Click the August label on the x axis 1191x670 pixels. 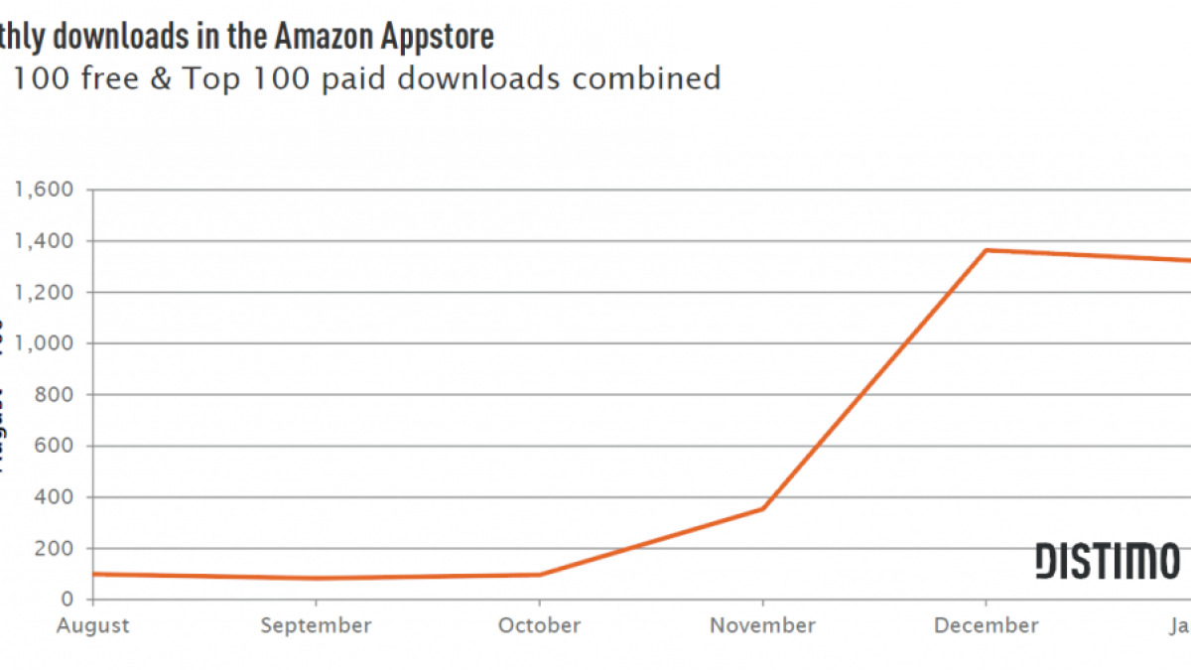point(93,625)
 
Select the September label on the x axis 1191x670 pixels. point(316,625)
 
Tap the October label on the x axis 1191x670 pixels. point(539,625)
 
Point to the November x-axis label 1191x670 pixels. point(762,625)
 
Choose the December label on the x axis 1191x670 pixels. point(986,625)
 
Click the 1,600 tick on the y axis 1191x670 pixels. point(44,190)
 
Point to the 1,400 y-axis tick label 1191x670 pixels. point(44,241)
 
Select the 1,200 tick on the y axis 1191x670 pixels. point(44,293)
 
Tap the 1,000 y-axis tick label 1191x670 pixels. point(44,343)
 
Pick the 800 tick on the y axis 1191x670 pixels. point(55,395)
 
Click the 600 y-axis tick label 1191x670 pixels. point(55,447)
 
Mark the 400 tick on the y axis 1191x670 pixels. point(55,497)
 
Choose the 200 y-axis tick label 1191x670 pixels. point(55,549)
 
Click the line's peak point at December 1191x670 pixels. point(986,250)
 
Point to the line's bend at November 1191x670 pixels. point(762,509)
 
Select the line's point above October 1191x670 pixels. point(539,575)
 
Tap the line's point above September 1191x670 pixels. point(316,579)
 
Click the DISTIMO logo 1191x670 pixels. point(1107,561)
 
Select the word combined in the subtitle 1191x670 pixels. point(644,78)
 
